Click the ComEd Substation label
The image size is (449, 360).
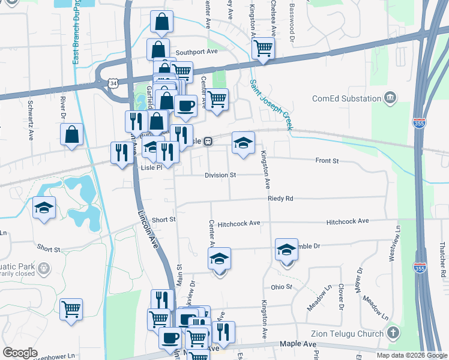(347, 98)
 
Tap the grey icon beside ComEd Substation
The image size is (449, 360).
(391, 98)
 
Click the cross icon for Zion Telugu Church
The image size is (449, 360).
(393, 333)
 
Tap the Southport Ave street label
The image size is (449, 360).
(196, 52)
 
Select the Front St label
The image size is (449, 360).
(328, 161)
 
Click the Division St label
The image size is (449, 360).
(220, 175)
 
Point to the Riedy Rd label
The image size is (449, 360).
(280, 198)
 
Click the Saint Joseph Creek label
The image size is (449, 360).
(271, 104)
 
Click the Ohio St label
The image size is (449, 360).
(281, 287)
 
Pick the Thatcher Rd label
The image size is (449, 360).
(442, 255)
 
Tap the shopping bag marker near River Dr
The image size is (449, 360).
(71, 134)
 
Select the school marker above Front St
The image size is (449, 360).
(243, 143)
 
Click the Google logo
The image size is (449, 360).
(21, 353)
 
